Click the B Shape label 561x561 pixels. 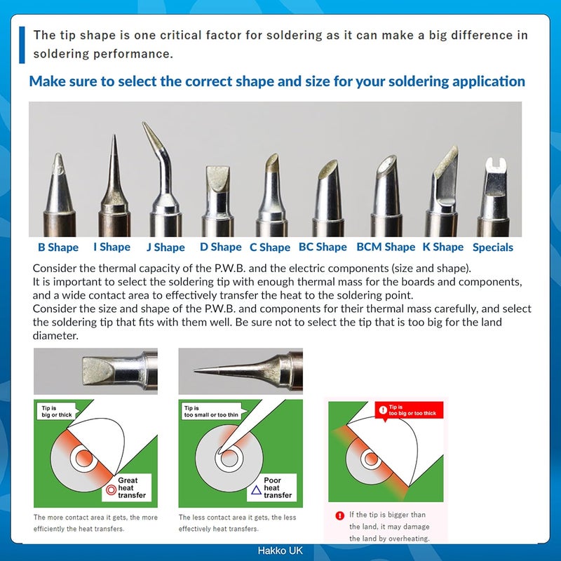tap(58, 247)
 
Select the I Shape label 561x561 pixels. tap(112, 247)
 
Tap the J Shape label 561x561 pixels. tap(165, 247)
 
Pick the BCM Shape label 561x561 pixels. tap(386, 247)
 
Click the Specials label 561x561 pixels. tap(493, 248)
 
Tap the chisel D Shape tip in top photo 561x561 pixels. tap(218, 193)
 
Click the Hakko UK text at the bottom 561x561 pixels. tap(280, 552)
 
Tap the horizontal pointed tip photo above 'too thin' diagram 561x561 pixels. tap(240, 369)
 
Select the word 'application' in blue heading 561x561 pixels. tap(485, 81)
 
